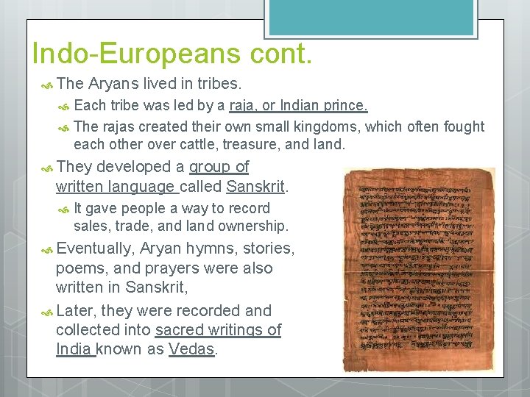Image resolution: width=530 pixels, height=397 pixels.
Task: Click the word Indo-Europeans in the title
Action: (x=135, y=53)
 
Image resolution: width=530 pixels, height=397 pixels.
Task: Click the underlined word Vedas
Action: (x=191, y=349)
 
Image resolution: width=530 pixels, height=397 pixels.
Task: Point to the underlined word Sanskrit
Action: (x=255, y=186)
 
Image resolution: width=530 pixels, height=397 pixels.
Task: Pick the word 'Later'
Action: (x=78, y=310)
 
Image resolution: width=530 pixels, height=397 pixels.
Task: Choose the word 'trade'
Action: (x=141, y=226)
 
